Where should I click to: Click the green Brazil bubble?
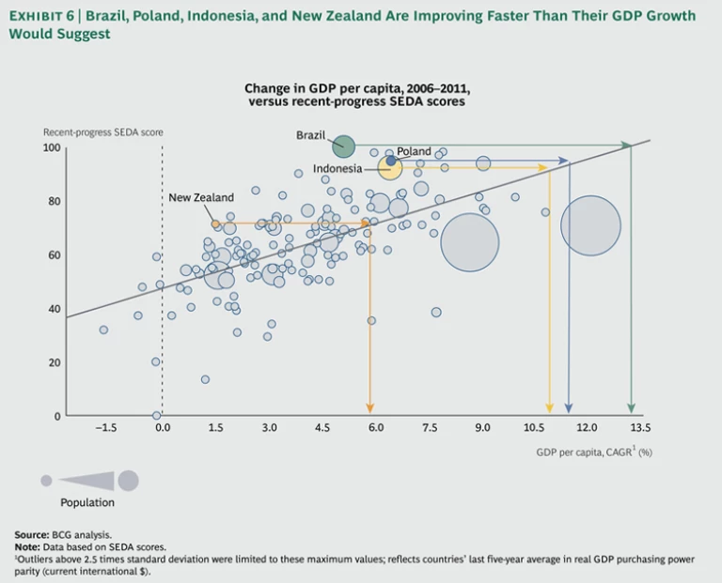tap(344, 146)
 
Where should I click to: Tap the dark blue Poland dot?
tap(391, 161)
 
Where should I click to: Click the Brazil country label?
tap(310, 135)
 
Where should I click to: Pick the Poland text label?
tap(414, 151)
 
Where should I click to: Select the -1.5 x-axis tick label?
tap(105, 428)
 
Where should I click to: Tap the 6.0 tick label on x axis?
tap(375, 428)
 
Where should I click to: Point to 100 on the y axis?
tap(52, 147)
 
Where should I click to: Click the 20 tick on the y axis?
tap(55, 362)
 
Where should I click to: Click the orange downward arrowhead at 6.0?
tap(370, 409)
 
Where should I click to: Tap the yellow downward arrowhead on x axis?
tap(550, 409)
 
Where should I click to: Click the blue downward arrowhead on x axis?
tap(569, 409)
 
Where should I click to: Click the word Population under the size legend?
tap(87, 502)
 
